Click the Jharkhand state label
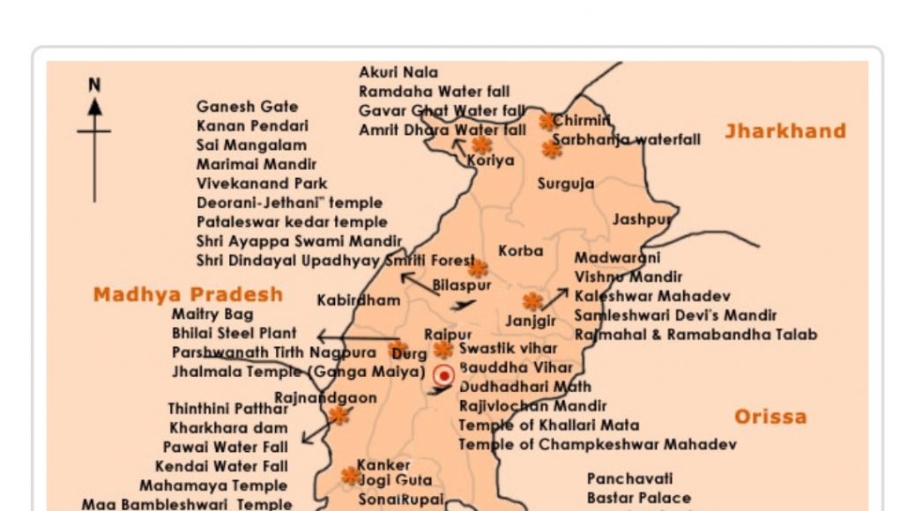(x=785, y=131)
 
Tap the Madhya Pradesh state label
(x=188, y=294)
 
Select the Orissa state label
(x=770, y=417)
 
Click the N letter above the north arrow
(x=94, y=85)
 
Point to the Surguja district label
(x=565, y=184)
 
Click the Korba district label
(x=520, y=251)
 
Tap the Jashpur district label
(x=642, y=219)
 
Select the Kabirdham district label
(x=358, y=300)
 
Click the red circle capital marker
(x=444, y=375)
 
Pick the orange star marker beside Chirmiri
(x=547, y=122)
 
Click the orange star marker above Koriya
(x=481, y=144)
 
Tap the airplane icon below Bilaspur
(x=462, y=306)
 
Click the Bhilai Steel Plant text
(x=234, y=334)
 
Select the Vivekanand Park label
(x=262, y=184)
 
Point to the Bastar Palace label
(x=639, y=499)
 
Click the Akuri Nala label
(x=398, y=72)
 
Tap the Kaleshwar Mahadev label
(x=651, y=296)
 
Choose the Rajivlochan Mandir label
(x=532, y=406)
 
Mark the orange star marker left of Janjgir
(x=532, y=301)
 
